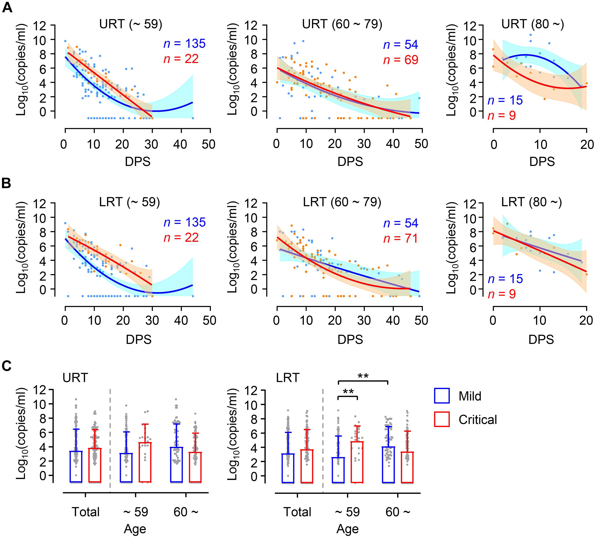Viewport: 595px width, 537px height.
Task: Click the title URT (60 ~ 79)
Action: coord(342,24)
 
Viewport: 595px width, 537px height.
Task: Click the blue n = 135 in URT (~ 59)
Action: coord(184,44)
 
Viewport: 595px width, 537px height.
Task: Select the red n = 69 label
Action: coord(400,60)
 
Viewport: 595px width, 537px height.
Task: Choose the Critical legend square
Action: coord(442,420)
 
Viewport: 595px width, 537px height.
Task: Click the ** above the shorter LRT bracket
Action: coord(348,392)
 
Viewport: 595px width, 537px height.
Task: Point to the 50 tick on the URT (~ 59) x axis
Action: coord(208,144)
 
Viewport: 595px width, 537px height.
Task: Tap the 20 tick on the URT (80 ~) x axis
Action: coord(587,144)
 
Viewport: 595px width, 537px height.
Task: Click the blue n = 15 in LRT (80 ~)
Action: coord(505,279)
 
